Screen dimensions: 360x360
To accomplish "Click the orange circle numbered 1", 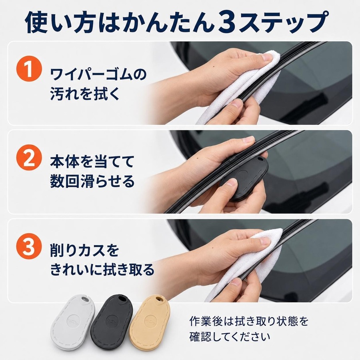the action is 29,68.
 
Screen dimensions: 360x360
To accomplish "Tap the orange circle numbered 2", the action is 29,158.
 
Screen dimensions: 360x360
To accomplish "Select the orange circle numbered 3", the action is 29,246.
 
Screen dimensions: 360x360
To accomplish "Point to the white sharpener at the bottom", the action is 73,322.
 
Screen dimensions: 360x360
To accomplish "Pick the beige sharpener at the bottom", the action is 150,322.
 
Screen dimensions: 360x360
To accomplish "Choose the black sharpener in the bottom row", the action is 112,322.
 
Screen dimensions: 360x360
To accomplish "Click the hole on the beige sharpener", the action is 158,299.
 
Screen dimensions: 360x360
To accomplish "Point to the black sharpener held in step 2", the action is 244,178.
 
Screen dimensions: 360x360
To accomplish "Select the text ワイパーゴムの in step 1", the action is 98,74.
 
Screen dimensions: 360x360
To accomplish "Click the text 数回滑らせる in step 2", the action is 92,181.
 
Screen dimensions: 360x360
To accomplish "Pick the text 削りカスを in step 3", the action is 85,250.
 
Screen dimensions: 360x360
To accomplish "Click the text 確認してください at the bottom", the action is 230,337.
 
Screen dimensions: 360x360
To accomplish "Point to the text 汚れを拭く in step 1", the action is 85,94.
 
